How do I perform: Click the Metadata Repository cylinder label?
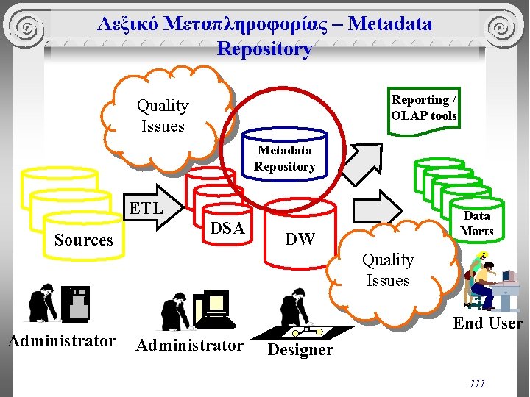tap(285, 158)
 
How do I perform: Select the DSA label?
tap(227, 228)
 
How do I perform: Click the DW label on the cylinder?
tap(300, 239)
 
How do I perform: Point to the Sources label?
tap(84, 240)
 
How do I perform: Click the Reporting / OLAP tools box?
tap(424, 107)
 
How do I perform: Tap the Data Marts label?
tap(476, 223)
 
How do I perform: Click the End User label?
tap(488, 323)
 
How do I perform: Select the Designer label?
tap(300, 350)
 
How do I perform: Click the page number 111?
tap(477, 384)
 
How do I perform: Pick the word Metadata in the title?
tap(390, 24)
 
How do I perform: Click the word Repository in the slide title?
tap(264, 49)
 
